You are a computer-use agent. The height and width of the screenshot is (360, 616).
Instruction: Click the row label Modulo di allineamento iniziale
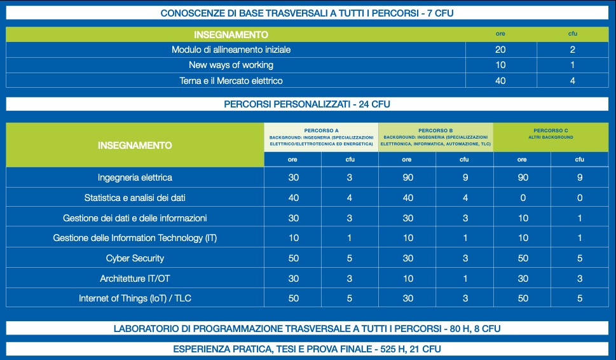click(x=235, y=50)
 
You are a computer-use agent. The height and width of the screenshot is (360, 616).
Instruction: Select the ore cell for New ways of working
click(x=501, y=65)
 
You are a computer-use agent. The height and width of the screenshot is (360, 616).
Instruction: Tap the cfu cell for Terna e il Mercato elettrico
click(x=572, y=81)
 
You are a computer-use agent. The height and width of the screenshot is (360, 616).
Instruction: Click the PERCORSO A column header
click(x=321, y=137)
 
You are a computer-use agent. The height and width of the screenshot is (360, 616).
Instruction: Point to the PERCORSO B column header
click(x=435, y=137)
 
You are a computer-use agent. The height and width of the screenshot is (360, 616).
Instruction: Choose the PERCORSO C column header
click(x=551, y=133)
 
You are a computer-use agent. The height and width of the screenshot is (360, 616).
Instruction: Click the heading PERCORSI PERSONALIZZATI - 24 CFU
click(x=308, y=104)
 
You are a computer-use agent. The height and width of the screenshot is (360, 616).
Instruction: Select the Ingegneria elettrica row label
click(x=135, y=177)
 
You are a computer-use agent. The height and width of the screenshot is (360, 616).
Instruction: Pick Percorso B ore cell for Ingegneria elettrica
click(x=407, y=177)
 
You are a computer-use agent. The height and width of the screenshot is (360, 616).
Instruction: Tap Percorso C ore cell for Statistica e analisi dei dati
click(x=523, y=198)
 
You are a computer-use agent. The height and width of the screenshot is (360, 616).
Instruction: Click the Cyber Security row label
click(x=135, y=258)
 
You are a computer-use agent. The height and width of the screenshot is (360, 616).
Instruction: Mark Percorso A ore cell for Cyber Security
click(x=293, y=258)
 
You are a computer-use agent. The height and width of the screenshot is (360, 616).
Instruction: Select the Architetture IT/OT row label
click(x=135, y=279)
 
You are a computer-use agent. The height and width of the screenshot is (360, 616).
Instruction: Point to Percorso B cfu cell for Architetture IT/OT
click(x=464, y=279)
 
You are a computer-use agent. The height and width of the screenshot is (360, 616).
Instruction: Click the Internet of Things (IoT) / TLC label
click(x=135, y=298)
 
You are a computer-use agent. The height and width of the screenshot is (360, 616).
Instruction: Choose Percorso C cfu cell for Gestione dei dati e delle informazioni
click(x=580, y=218)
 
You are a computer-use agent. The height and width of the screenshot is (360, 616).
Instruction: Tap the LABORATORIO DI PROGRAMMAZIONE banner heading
click(x=308, y=329)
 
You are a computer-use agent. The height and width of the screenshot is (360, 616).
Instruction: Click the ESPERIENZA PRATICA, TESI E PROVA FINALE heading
click(x=308, y=349)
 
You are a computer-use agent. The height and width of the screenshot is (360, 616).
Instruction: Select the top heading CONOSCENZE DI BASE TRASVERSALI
click(x=308, y=13)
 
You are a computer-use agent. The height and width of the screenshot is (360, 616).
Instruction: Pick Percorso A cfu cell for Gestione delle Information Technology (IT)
click(x=350, y=238)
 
